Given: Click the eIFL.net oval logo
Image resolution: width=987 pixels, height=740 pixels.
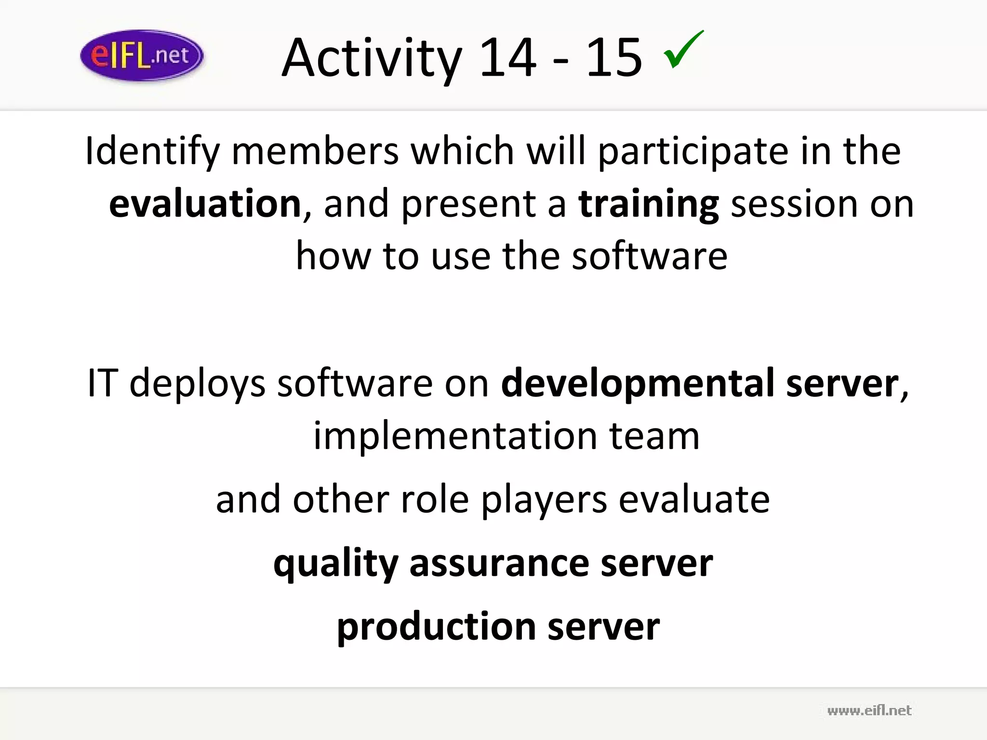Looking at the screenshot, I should [142, 55].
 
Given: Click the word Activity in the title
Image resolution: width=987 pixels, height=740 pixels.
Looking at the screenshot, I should [372, 59].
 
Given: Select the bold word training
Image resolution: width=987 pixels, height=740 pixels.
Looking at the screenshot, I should [649, 205].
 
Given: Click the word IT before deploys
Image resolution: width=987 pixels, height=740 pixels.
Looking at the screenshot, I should [102, 383].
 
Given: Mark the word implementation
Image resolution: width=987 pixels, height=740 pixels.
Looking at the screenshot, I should [455, 436].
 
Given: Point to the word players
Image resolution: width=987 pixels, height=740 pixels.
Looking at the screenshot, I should [544, 500].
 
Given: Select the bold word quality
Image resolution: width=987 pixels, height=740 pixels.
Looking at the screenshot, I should [335, 564].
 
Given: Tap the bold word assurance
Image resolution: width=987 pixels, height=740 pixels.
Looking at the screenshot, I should [499, 564].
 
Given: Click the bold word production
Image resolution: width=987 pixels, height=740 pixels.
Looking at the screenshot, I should [436, 627].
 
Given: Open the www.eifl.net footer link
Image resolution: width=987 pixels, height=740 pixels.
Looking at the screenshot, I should [869, 711].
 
